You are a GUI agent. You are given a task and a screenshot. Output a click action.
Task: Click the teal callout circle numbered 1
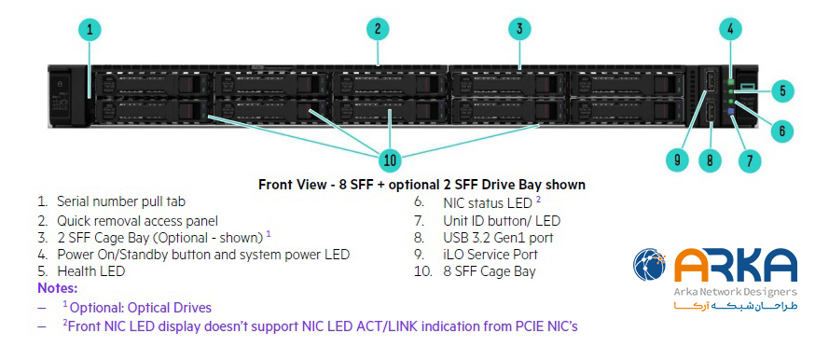pyautogui.click(x=90, y=30)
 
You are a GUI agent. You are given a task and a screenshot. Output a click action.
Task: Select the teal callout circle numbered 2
pyautogui.click(x=378, y=29)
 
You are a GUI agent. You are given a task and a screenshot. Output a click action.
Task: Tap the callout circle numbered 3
pyautogui.click(x=519, y=29)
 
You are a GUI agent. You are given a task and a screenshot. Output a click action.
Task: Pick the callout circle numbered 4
pyautogui.click(x=731, y=29)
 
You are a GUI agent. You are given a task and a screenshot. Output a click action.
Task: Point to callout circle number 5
pyautogui.click(x=782, y=91)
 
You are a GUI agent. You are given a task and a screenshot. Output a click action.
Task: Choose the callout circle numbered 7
pyautogui.click(x=749, y=160)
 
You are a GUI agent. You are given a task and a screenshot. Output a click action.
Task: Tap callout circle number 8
pyautogui.click(x=710, y=160)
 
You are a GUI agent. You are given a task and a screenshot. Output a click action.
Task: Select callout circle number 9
pyautogui.click(x=677, y=160)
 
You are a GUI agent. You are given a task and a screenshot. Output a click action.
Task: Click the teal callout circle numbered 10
pyautogui.click(x=390, y=160)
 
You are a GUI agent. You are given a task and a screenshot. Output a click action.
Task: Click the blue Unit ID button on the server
pyautogui.click(x=732, y=112)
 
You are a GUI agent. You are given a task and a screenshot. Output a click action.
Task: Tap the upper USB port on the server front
pyautogui.click(x=710, y=80)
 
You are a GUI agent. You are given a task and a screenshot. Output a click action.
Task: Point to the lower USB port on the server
pyautogui.click(x=710, y=115)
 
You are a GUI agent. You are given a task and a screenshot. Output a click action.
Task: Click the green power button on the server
pyautogui.click(x=731, y=82)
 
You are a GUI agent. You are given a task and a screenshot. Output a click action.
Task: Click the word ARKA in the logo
pyautogui.click(x=736, y=266)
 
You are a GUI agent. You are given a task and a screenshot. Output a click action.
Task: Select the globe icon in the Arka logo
pyautogui.click(x=650, y=265)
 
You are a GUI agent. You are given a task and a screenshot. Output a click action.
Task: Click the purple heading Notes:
pyautogui.click(x=58, y=288)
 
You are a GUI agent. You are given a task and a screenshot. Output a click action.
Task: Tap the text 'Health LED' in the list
pyautogui.click(x=91, y=271)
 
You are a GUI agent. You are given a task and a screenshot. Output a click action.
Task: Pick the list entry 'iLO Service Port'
pyautogui.click(x=490, y=255)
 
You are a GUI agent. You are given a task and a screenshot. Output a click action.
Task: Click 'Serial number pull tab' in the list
pyautogui.click(x=121, y=201)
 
